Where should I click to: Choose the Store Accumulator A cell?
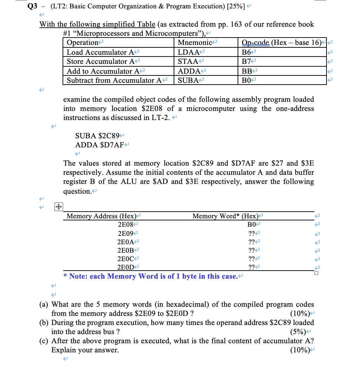(100, 61)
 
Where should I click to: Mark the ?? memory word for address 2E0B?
(251, 250)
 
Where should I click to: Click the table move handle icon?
(57, 207)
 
